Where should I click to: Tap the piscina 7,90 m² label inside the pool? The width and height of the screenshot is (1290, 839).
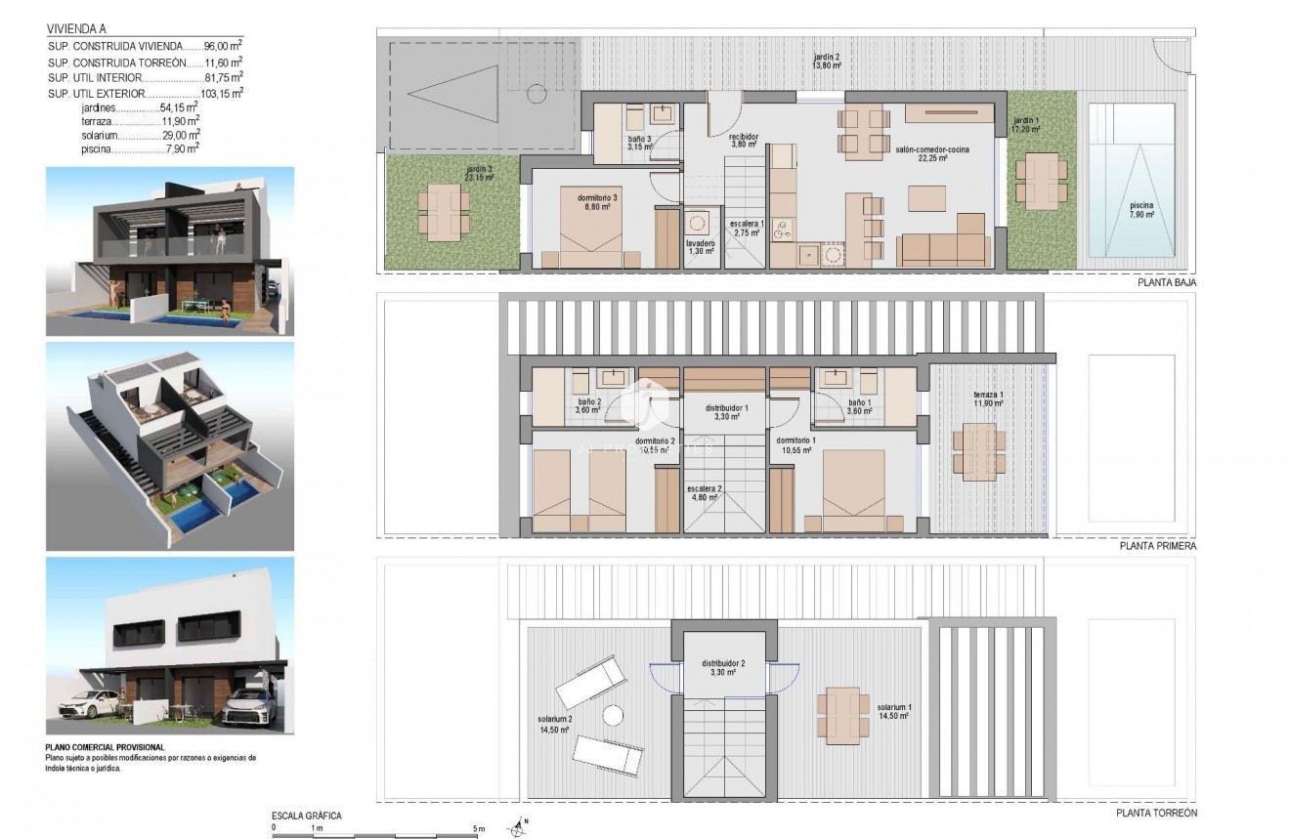[1140, 211]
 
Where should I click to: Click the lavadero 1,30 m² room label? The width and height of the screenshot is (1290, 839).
[700, 247]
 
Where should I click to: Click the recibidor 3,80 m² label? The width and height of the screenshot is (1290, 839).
[745, 140]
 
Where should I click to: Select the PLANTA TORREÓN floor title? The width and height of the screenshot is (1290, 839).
[1156, 813]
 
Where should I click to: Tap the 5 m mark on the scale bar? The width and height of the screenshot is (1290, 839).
[478, 828]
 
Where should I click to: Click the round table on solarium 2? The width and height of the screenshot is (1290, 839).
[613, 716]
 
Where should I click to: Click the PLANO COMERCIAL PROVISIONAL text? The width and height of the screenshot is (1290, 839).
[106, 747]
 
